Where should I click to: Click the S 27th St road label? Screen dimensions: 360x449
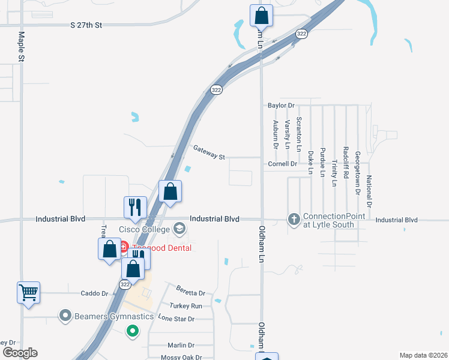pyautogui.click(x=86, y=25)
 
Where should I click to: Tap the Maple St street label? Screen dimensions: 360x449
pyautogui.click(x=21, y=47)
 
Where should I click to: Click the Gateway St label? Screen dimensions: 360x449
pyautogui.click(x=209, y=152)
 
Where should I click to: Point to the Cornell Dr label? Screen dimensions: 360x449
pyautogui.click(x=283, y=163)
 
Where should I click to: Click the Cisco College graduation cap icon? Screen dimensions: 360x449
pyautogui.click(x=179, y=228)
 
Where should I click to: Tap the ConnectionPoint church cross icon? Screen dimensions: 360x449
pyautogui.click(x=294, y=220)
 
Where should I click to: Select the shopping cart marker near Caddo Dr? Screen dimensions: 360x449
pyautogui.click(x=28, y=293)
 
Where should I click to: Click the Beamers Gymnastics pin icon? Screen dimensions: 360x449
pyautogui.click(x=65, y=315)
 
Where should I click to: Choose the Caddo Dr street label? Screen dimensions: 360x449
pyautogui.click(x=95, y=293)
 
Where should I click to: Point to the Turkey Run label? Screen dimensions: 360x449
pyautogui.click(x=185, y=306)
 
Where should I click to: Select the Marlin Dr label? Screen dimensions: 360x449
pyautogui.click(x=181, y=345)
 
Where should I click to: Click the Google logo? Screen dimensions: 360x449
pyautogui.click(x=19, y=353)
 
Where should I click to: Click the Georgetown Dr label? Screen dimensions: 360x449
pyautogui.click(x=358, y=165)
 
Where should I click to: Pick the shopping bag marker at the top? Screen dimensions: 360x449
pyautogui.click(x=261, y=16)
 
